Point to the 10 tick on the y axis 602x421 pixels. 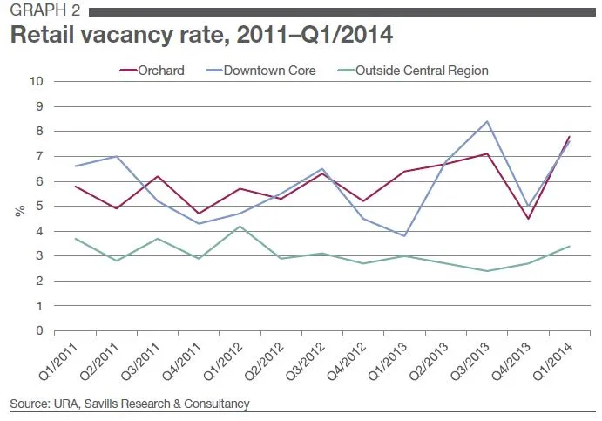click(37, 82)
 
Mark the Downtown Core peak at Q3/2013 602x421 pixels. click(487, 121)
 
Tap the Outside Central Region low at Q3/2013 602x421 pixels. click(487, 271)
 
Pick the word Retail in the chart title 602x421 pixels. click(39, 37)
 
